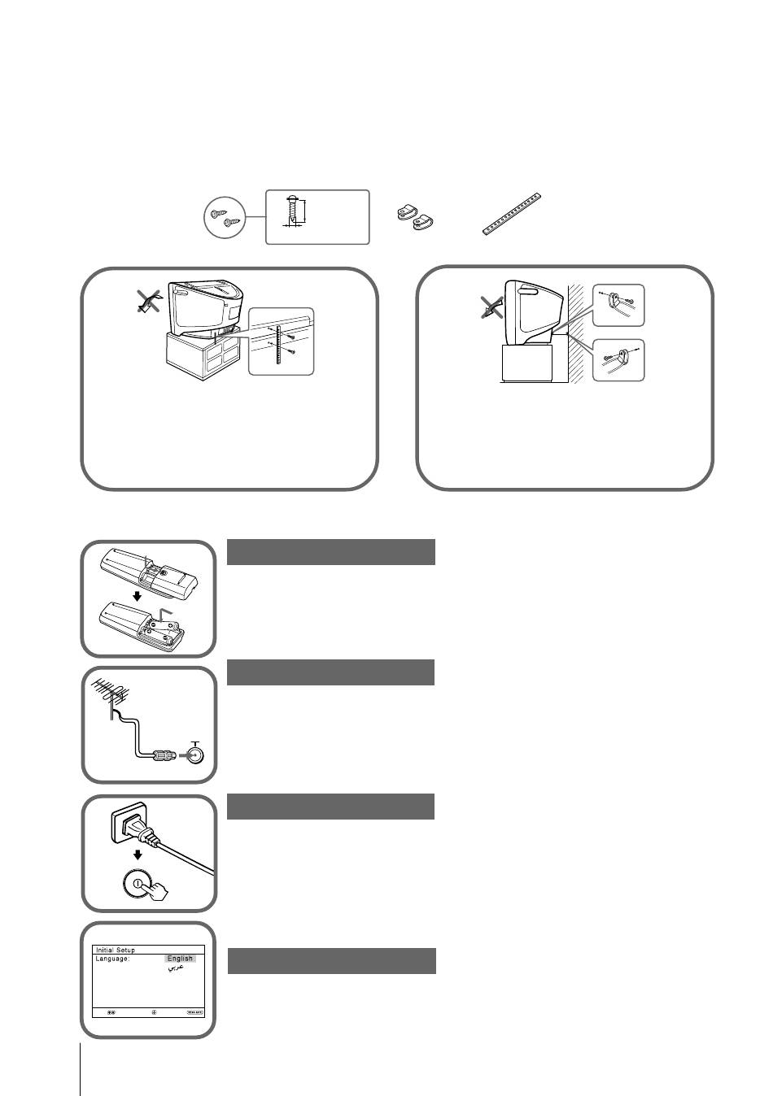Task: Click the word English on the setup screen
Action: pyautogui.click(x=180, y=959)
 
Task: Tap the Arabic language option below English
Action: pyautogui.click(x=174, y=969)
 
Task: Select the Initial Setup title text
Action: pyautogui.click(x=115, y=950)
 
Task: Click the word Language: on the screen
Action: pyautogui.click(x=113, y=959)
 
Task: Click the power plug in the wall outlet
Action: pyautogui.click(x=140, y=830)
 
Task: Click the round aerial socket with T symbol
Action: pyautogui.click(x=194, y=755)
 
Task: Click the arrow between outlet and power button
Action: pyautogui.click(x=138, y=855)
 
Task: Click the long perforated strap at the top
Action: pyautogui.click(x=511, y=214)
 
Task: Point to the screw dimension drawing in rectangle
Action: pyautogui.click(x=317, y=216)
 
